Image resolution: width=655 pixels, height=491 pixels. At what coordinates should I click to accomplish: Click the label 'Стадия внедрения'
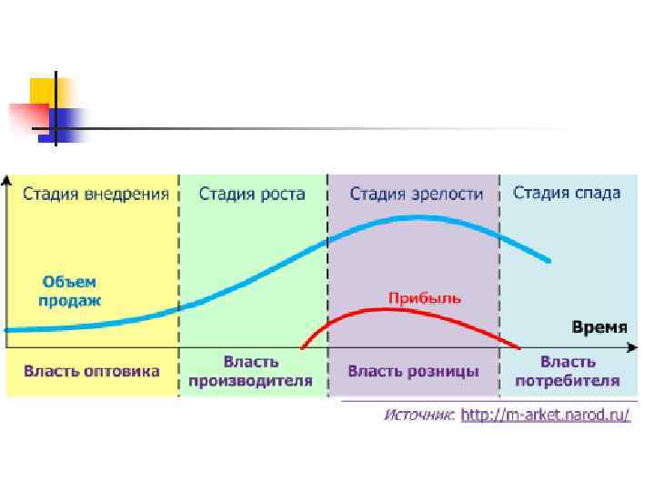coord(96,194)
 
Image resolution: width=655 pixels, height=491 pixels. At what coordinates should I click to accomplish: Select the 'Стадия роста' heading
coord(252,194)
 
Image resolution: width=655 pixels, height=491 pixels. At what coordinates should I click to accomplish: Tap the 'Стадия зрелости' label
coord(417,194)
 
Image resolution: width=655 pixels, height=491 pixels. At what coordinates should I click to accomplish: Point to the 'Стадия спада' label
coord(567,193)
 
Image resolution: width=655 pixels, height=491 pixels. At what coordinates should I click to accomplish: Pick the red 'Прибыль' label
coord(425,297)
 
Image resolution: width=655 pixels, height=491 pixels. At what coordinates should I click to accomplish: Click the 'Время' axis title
coord(604,326)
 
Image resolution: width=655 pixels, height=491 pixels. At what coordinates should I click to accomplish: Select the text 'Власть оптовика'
coord(91,371)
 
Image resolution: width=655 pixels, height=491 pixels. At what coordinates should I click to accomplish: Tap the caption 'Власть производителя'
coord(250,371)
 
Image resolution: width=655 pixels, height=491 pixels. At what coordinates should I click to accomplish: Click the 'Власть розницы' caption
coord(413,371)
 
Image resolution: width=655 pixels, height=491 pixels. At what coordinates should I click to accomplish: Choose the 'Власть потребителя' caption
coord(568,371)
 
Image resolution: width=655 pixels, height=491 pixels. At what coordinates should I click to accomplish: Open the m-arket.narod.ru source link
coord(545,415)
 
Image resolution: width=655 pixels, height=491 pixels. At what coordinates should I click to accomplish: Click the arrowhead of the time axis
coord(633,347)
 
